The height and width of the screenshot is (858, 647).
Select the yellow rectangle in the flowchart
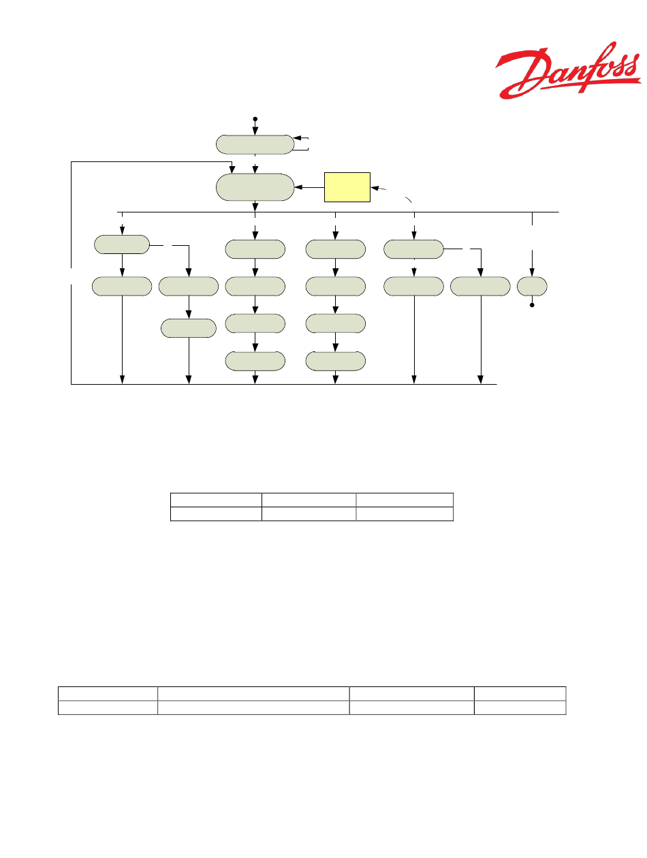click(347, 187)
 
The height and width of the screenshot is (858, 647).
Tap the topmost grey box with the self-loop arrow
click(255, 144)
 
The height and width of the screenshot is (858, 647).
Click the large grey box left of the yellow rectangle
click(255, 187)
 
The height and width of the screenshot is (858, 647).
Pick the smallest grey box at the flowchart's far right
click(532, 286)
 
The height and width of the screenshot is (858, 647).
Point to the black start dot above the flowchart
click(255, 119)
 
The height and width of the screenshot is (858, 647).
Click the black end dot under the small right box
click(532, 305)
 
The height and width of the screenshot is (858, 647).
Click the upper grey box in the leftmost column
click(121, 244)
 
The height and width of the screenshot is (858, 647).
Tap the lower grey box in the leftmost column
click(123, 286)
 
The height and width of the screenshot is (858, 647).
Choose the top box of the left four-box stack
click(255, 249)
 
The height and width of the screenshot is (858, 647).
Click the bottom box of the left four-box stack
click(255, 361)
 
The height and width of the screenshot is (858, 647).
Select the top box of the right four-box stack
click(335, 249)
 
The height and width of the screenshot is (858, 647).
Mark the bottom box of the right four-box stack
click(335, 361)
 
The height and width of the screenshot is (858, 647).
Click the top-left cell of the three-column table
click(216, 499)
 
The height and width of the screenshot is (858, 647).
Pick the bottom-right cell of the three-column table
click(405, 514)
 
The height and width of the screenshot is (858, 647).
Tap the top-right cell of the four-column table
click(520, 693)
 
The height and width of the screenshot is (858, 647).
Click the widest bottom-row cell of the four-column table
click(253, 708)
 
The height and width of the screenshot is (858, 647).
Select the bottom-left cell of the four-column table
click(108, 708)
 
